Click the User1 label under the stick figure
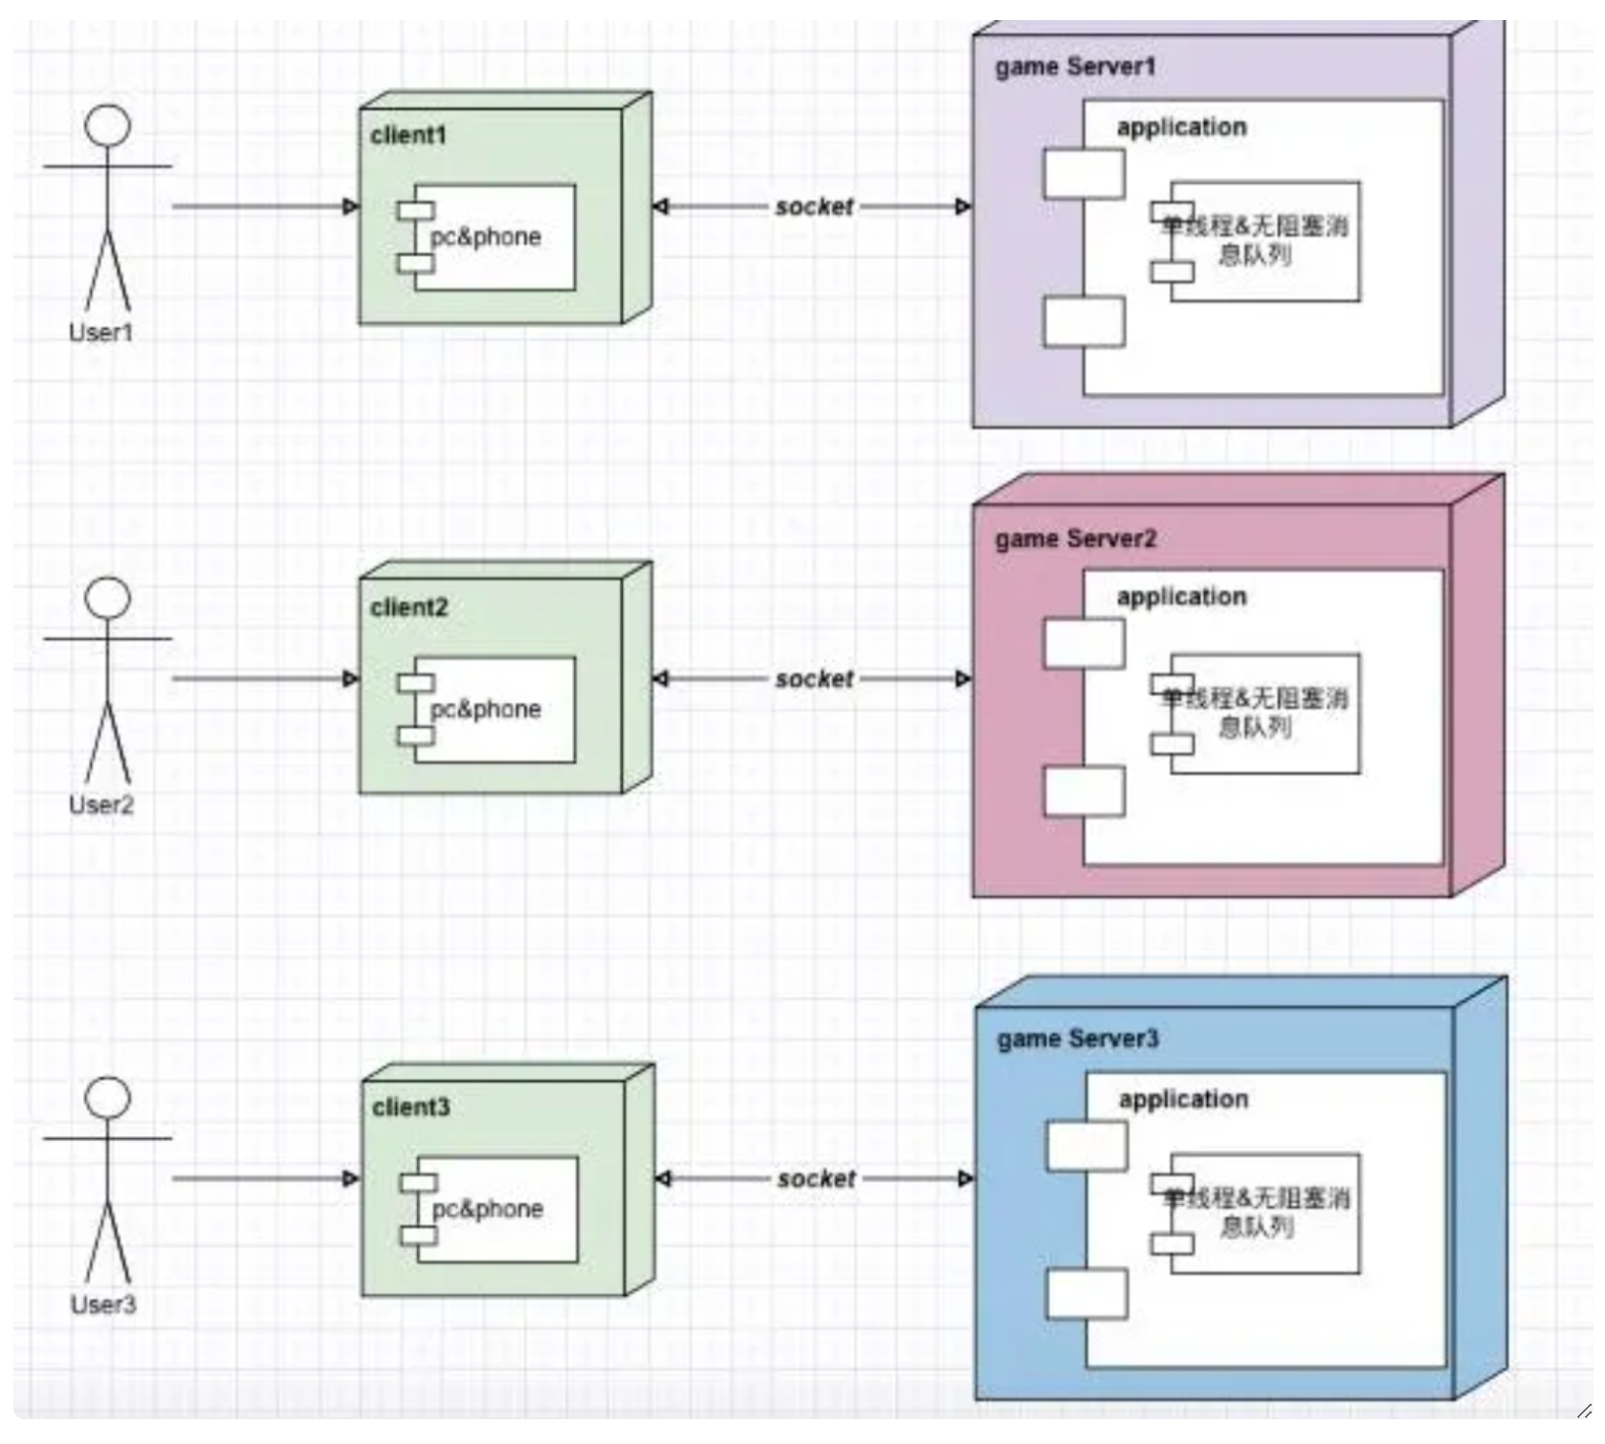(100, 333)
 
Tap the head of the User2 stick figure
(107, 598)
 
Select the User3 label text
(103, 1304)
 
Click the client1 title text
(408, 136)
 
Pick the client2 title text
(409, 607)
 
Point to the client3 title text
(411, 1107)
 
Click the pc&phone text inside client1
(486, 237)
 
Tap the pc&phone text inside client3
(488, 1209)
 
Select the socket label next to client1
(814, 207)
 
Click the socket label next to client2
(814, 679)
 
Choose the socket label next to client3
(816, 1179)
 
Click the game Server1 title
(1075, 67)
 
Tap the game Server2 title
(1075, 539)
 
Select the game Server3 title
(1077, 1039)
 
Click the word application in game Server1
(1181, 127)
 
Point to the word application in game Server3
(1183, 1100)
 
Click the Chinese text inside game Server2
(1255, 712)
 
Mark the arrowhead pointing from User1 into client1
(351, 207)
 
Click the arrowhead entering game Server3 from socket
(966, 1179)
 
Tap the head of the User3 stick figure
(107, 1098)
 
